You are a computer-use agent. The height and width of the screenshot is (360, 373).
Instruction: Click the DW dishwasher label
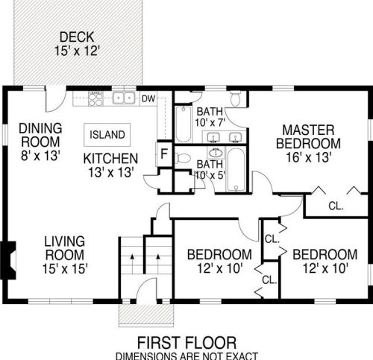[x=148, y=99]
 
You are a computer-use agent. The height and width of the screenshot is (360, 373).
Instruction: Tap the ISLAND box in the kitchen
[x=107, y=135]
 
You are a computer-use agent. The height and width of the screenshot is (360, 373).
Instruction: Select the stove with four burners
[x=95, y=99]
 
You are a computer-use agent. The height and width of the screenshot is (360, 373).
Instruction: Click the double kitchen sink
[x=124, y=98]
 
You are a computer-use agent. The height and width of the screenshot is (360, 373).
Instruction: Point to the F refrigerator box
[x=164, y=154]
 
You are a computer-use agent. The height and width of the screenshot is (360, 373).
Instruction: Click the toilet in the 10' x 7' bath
[x=235, y=98]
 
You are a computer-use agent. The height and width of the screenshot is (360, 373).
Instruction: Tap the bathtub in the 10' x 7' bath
[x=184, y=124]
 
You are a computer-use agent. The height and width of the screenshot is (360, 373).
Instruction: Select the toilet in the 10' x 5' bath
[x=183, y=159]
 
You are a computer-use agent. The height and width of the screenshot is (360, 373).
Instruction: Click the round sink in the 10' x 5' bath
[x=216, y=152]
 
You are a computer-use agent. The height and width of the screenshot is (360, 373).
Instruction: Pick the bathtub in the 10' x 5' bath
[x=236, y=170]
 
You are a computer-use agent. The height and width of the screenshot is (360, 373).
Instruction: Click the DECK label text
[x=77, y=37]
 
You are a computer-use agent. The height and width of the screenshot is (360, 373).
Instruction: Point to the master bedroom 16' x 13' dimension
[x=309, y=157]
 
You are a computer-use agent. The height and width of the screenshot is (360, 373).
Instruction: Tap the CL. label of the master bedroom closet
[x=336, y=206]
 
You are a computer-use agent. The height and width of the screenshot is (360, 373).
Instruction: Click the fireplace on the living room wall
[x=8, y=260]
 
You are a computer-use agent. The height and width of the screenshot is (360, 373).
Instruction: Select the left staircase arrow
[x=132, y=263]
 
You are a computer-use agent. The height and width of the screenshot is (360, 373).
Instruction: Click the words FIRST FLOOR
[x=186, y=343]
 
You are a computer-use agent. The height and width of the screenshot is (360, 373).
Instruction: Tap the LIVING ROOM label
[x=65, y=248]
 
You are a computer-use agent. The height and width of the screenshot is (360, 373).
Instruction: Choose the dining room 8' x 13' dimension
[x=40, y=157]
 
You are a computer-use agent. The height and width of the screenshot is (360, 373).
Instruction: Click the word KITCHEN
[x=110, y=159]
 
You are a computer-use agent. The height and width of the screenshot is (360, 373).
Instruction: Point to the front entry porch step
[x=145, y=315]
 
